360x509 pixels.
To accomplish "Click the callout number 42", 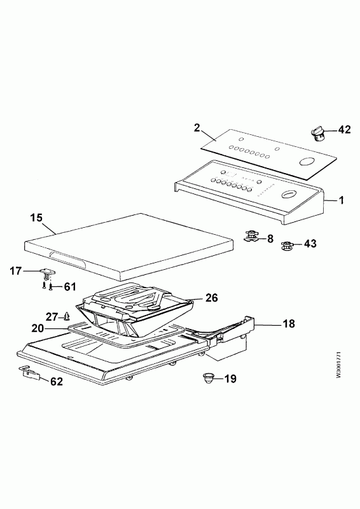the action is pos(345,130).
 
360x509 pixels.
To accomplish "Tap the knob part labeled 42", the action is pos(317,134).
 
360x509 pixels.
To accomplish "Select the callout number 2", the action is pos(197,128).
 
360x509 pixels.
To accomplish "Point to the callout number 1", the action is pos(341,200).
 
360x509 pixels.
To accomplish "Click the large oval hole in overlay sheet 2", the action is pos(306,162).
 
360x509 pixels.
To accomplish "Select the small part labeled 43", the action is pos(286,246).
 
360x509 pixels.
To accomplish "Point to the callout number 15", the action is pos(36,218).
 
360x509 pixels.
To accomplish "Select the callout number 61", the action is pos(69,287).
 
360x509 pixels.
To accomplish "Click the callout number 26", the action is pos(211,297).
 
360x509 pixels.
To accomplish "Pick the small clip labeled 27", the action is pos(67,315).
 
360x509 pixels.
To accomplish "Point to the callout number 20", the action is pos(38,328).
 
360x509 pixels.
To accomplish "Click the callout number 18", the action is pos(289,324).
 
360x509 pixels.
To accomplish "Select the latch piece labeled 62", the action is pos(30,373).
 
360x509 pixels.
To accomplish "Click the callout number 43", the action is pos(310,243).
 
